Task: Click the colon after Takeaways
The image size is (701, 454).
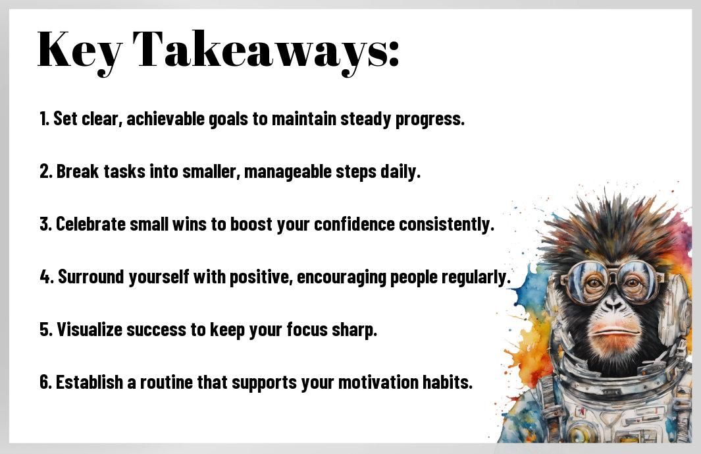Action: (x=393, y=54)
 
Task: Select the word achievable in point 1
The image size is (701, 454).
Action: (x=165, y=119)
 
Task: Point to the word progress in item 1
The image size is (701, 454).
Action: (x=430, y=119)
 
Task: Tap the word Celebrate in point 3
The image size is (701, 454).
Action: (x=91, y=224)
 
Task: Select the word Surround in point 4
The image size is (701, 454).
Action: (x=91, y=277)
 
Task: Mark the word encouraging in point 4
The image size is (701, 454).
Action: (x=342, y=277)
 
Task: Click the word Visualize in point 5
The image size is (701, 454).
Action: (x=90, y=329)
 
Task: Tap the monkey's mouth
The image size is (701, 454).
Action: (x=614, y=332)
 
